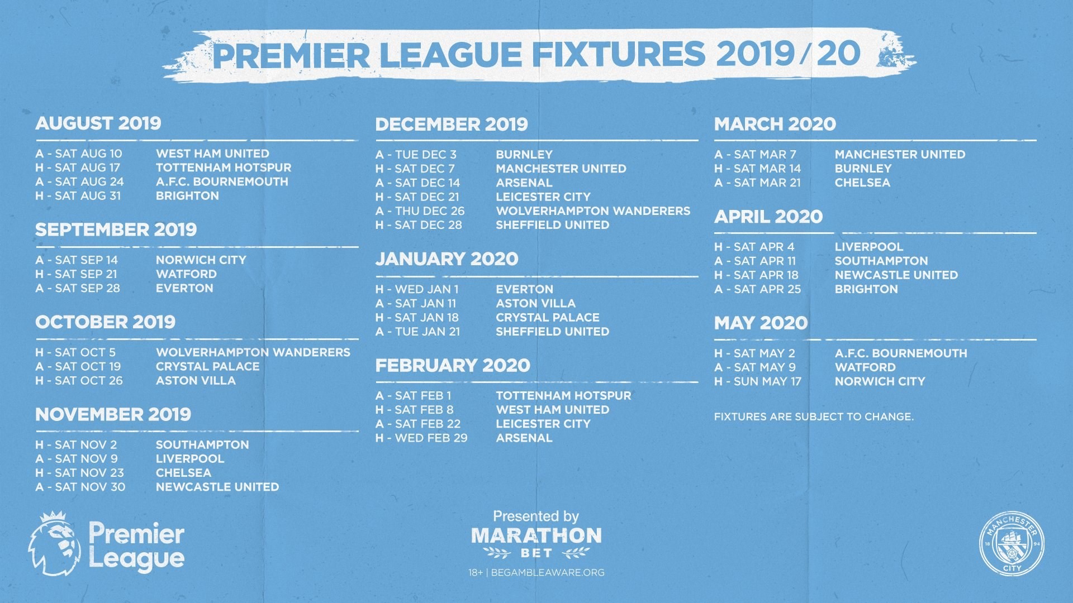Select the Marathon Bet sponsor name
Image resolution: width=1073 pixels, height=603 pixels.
point(536,536)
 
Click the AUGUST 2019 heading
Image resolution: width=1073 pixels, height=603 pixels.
point(98,123)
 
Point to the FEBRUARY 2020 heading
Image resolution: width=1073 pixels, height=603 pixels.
point(453,365)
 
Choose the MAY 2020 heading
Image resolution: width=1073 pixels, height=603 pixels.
point(761,323)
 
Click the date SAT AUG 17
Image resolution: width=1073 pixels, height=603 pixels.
point(87,167)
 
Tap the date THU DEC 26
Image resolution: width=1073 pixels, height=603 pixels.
point(429,211)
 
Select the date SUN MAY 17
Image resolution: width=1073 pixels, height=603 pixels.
point(767,381)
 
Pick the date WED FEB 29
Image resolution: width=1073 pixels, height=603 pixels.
point(431,438)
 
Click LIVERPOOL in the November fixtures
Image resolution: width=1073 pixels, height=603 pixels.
point(190,459)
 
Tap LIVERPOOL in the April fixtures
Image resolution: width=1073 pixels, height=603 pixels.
point(868,247)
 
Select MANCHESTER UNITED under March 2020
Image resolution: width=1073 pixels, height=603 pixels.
point(900,154)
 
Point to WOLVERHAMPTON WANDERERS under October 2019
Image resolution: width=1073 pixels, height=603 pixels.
point(253,352)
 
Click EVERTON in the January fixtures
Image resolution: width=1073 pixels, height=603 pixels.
point(524,289)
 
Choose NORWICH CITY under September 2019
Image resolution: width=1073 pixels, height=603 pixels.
point(201,260)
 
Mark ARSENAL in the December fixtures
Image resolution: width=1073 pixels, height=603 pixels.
point(524,183)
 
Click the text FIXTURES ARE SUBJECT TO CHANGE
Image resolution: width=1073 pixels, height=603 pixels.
point(814,417)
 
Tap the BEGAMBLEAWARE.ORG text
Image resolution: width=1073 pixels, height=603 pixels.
point(548,572)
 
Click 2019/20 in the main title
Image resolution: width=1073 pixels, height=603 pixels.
point(788,54)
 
